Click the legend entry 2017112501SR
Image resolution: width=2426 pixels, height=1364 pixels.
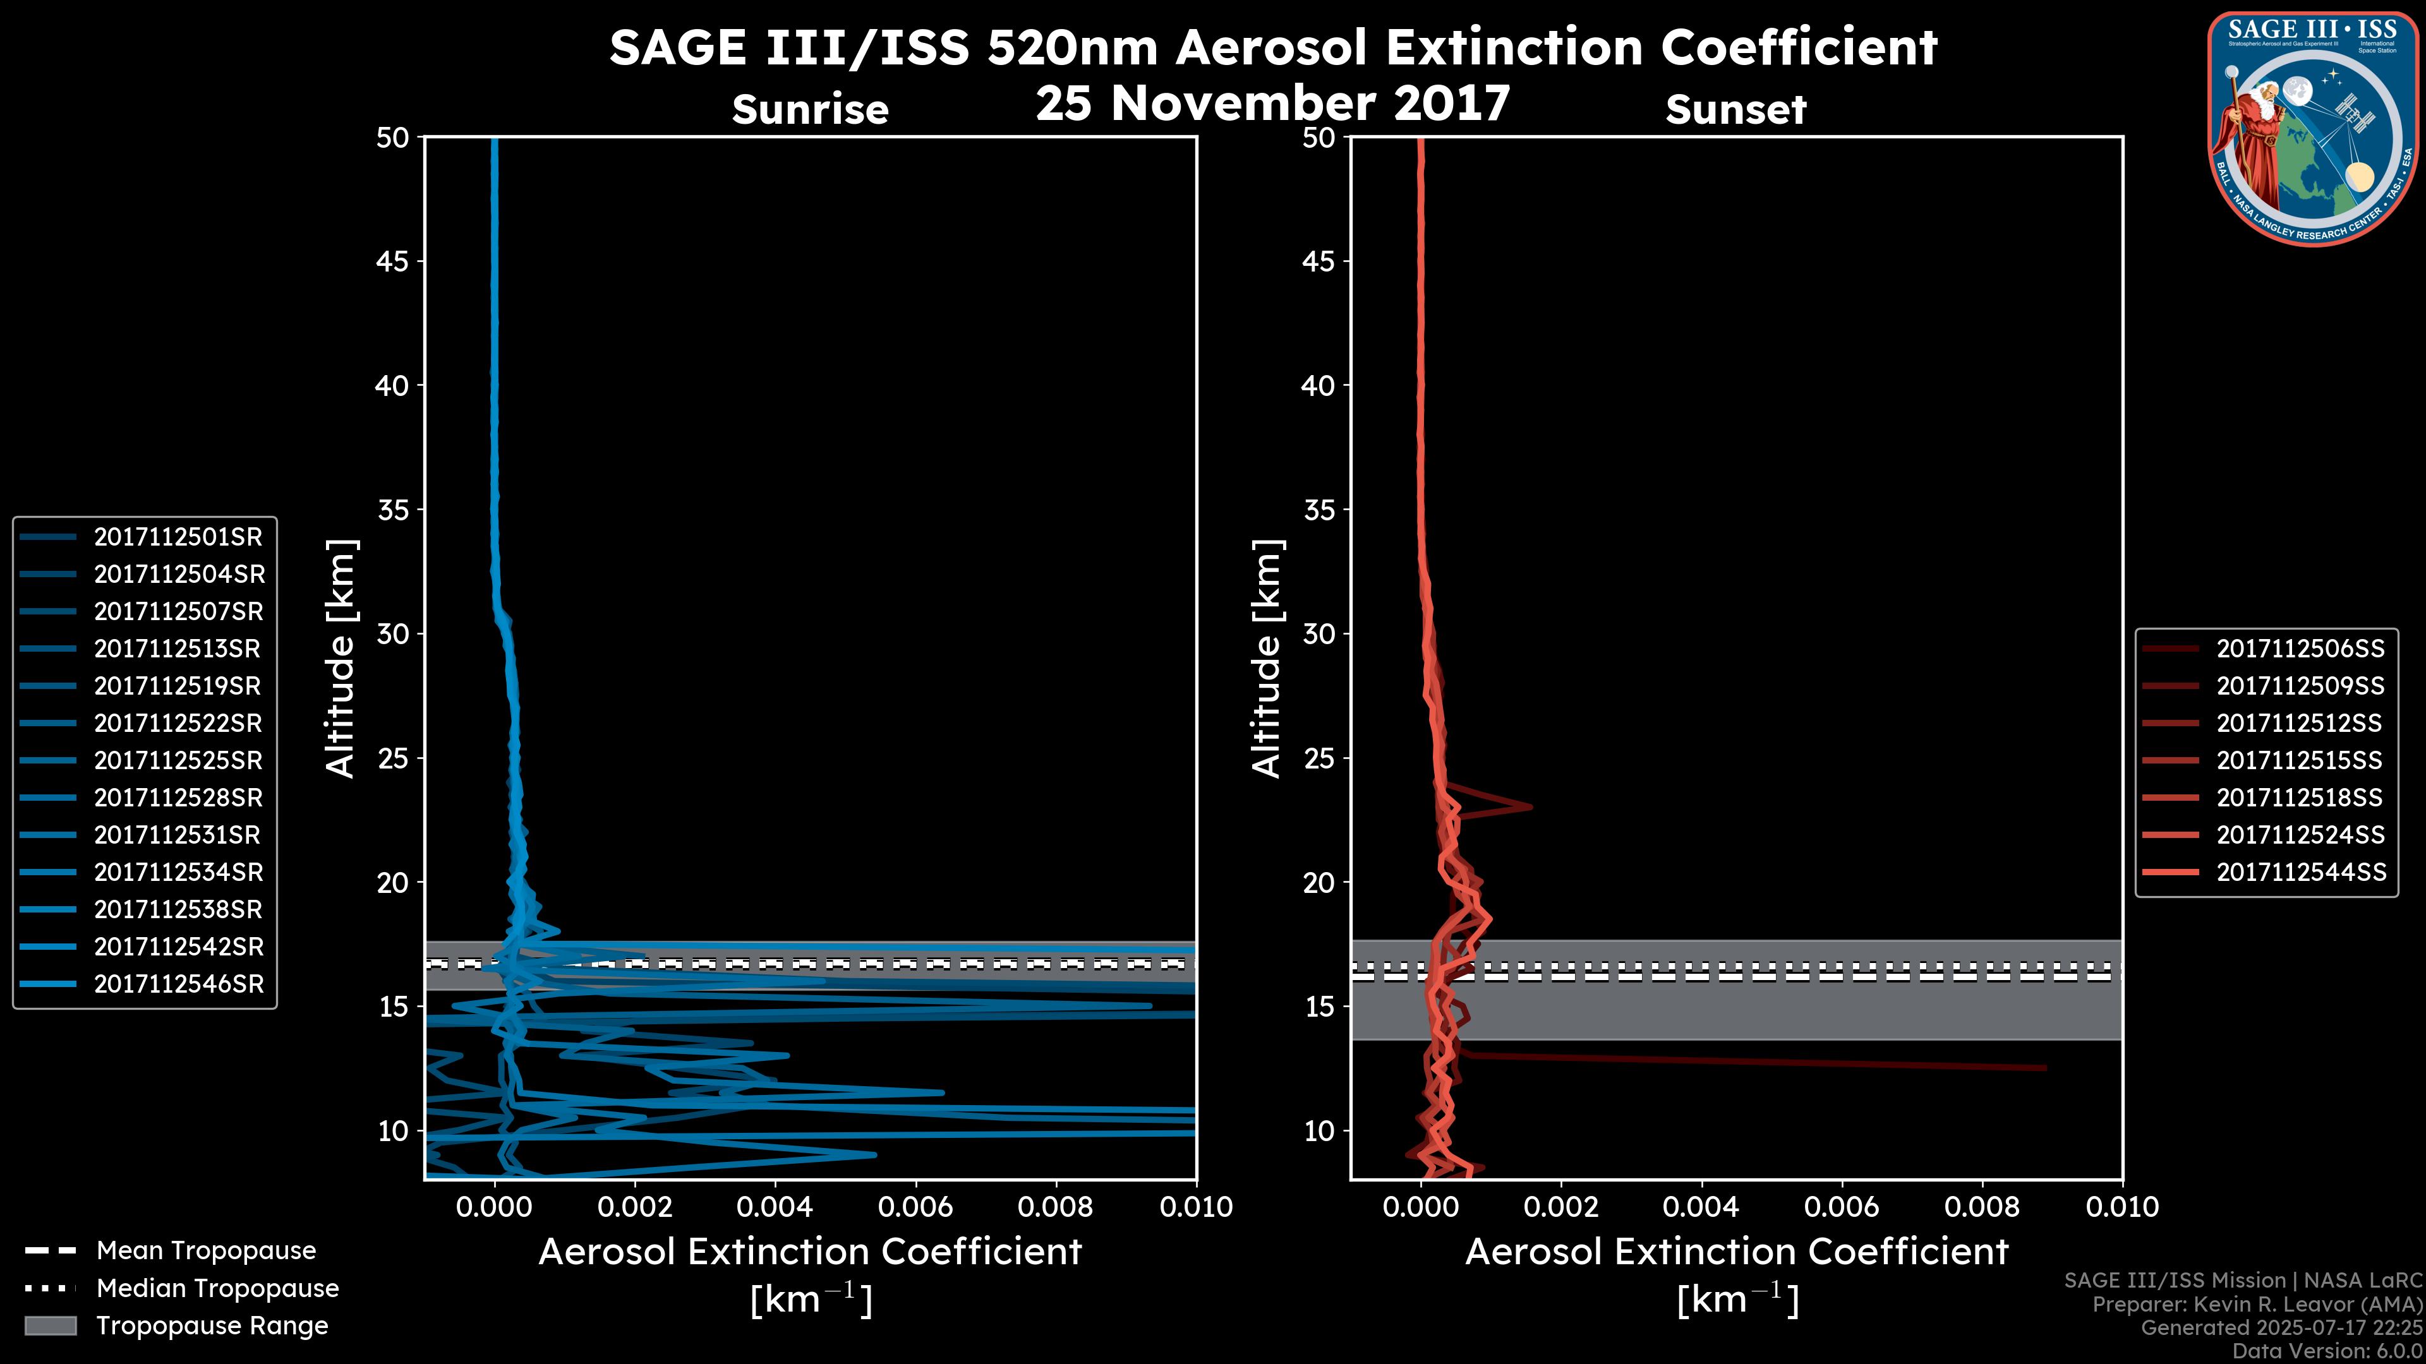pos(178,537)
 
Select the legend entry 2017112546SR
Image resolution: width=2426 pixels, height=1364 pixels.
pos(178,984)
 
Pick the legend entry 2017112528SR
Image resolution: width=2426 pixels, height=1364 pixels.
pos(178,798)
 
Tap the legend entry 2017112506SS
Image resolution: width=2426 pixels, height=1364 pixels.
pos(2300,649)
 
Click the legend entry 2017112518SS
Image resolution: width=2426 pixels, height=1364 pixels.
pos(2300,798)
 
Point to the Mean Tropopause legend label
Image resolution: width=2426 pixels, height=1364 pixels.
pos(206,1251)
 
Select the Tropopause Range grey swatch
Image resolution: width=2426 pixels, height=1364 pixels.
pos(50,1326)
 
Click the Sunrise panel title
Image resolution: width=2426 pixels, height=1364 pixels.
pos(810,110)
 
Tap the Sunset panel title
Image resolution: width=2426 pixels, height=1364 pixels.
pos(1735,110)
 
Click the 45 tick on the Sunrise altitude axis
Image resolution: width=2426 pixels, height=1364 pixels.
pos(392,261)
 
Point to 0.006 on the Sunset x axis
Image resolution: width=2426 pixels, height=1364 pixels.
pos(1842,1207)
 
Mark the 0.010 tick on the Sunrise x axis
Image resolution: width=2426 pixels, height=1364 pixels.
pos(1195,1207)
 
